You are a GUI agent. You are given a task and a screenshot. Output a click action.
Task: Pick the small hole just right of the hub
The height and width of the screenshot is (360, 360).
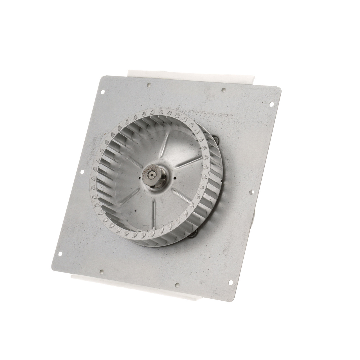coord(175,178)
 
